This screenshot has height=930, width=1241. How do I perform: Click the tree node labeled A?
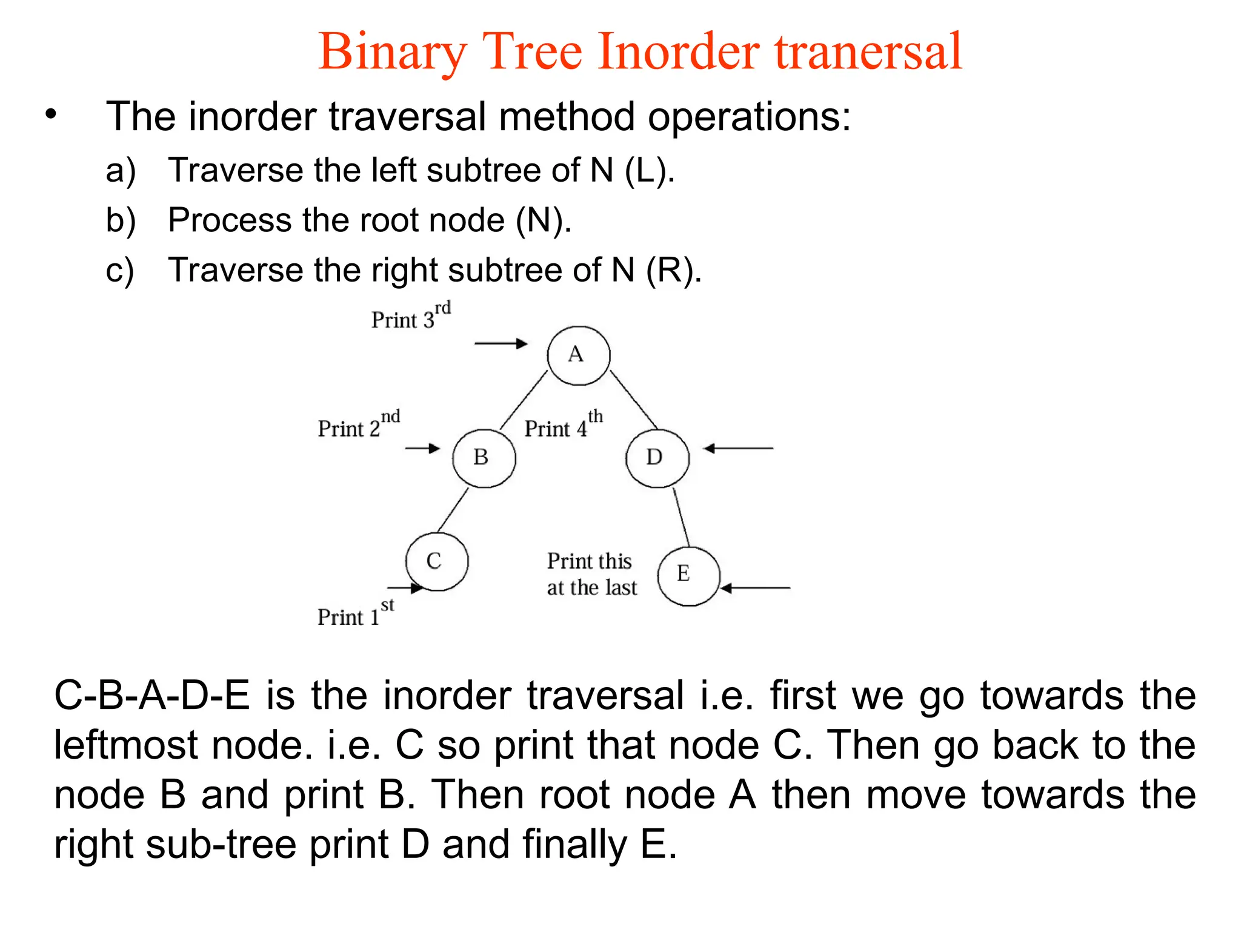(x=578, y=355)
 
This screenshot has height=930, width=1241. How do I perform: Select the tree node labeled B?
(x=484, y=458)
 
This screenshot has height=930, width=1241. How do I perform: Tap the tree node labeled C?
(x=437, y=561)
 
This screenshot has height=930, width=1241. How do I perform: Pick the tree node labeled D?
(x=657, y=458)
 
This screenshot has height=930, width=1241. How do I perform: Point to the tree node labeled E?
(x=688, y=575)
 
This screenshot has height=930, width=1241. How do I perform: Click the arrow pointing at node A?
(x=501, y=344)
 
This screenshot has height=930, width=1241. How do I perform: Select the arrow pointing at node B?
(x=422, y=449)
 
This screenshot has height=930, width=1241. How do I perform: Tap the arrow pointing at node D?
(x=738, y=449)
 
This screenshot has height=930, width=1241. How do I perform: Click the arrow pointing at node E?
(x=755, y=588)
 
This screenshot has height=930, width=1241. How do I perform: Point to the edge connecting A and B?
(x=524, y=400)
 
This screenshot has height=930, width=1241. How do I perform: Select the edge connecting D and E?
(x=681, y=517)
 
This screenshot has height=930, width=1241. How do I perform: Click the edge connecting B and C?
(x=453, y=510)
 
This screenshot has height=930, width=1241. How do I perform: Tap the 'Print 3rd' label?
(x=411, y=317)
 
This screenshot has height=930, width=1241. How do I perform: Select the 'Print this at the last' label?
(x=591, y=574)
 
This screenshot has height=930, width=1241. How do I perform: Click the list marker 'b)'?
(x=120, y=220)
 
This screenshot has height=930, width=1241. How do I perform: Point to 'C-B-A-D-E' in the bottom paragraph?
(x=151, y=696)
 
